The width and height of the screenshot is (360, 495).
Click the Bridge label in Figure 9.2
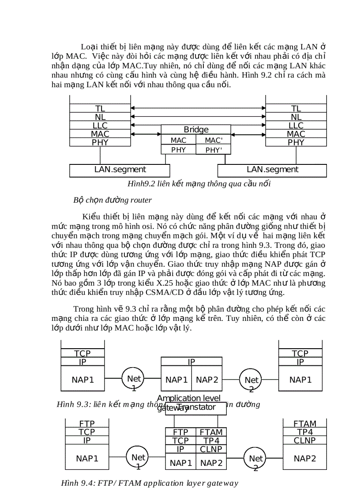tap(196, 130)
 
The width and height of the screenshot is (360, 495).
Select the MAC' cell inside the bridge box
tap(214, 140)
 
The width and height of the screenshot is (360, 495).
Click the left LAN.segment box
tap(120, 170)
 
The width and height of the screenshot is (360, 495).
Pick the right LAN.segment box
tap(272, 170)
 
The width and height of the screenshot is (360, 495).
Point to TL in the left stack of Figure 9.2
tap(100, 108)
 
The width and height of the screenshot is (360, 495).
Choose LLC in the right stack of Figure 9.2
tap(296, 126)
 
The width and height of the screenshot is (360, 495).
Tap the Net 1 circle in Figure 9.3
tap(134, 379)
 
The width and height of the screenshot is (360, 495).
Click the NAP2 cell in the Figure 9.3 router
tap(207, 380)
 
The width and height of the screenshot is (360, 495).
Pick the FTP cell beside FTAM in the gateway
tap(180, 432)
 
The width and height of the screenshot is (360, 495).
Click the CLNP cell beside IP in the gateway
tap(211, 449)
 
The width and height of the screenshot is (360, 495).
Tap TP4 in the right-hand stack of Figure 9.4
tap(305, 432)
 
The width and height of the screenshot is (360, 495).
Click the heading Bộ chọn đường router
tap(112, 200)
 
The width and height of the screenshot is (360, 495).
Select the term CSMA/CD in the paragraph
tap(149, 292)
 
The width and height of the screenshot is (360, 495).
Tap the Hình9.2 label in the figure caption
tap(140, 183)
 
